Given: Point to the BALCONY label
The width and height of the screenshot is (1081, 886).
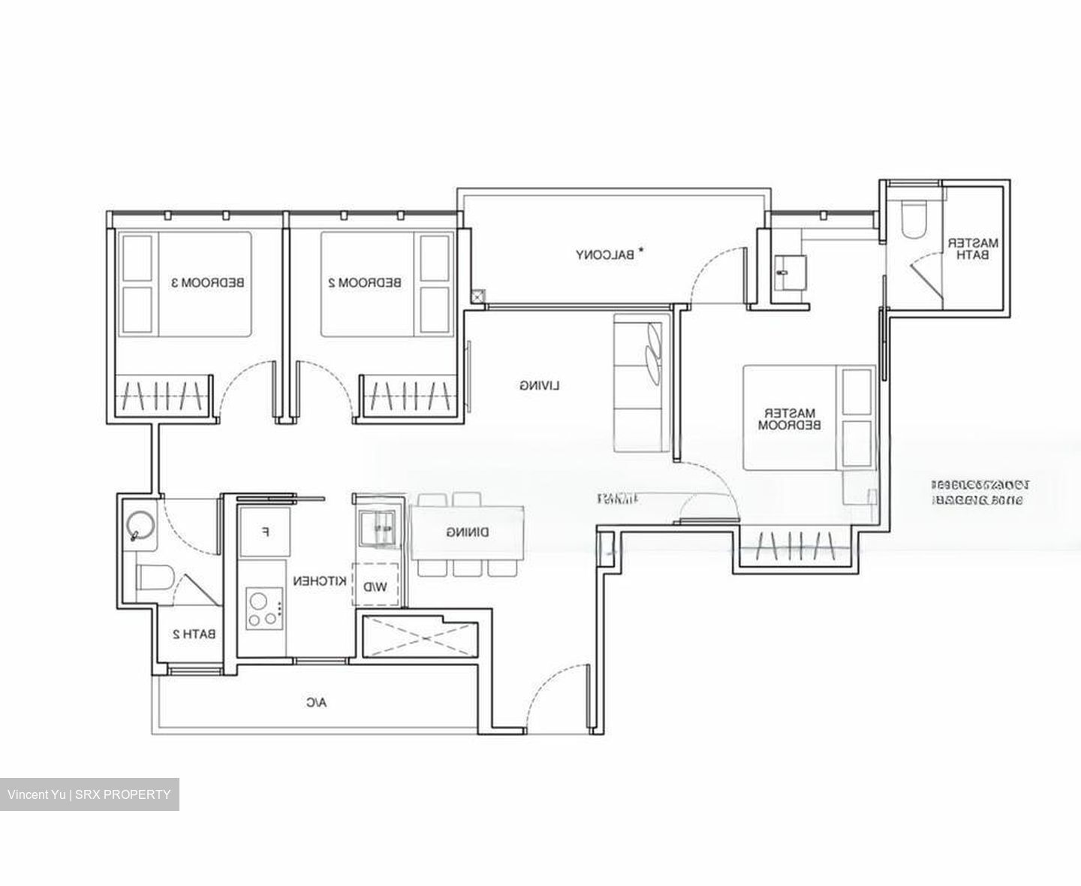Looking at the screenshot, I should pyautogui.click(x=605, y=255).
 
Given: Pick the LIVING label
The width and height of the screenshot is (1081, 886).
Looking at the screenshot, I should pyautogui.click(x=540, y=385).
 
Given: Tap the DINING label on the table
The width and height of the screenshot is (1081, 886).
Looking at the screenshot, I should pyautogui.click(x=468, y=532).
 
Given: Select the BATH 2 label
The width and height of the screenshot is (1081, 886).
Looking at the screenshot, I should pyautogui.click(x=194, y=634).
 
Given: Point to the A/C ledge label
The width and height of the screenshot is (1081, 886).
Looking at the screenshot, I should pyautogui.click(x=316, y=703).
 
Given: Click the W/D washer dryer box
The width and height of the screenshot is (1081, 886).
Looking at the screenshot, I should pyautogui.click(x=375, y=585).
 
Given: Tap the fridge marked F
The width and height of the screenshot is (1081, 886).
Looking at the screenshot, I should pyautogui.click(x=264, y=532).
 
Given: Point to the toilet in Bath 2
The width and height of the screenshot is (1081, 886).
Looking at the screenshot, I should pyautogui.click(x=155, y=577).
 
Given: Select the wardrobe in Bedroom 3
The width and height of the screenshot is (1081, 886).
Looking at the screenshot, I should pyautogui.click(x=162, y=393).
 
